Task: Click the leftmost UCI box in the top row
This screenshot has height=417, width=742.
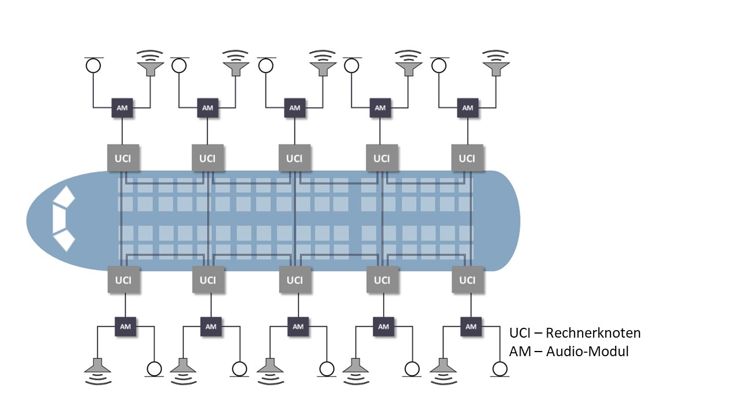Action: tap(122, 158)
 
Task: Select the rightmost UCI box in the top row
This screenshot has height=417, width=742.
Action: tap(467, 158)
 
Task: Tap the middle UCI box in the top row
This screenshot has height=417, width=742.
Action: tap(294, 158)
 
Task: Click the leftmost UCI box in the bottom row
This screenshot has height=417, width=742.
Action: tap(123, 280)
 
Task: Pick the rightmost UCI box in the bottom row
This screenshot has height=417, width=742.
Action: tap(467, 280)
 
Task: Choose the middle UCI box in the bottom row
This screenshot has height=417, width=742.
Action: tap(294, 280)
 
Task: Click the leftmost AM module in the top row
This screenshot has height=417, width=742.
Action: tap(122, 108)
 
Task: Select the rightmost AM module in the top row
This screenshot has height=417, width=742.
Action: tap(468, 108)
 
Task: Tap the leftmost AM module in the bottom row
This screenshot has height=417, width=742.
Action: tap(126, 326)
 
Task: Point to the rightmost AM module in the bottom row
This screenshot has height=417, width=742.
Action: tap(471, 326)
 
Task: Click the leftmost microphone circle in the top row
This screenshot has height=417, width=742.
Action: tap(93, 65)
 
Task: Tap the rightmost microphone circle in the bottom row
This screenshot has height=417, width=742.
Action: tap(499, 368)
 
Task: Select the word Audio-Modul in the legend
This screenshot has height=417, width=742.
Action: tap(587, 351)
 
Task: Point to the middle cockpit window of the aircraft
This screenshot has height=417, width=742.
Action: tap(58, 218)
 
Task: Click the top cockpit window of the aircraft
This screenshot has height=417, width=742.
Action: tap(64, 197)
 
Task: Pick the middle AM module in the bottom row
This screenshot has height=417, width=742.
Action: tap(297, 326)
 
